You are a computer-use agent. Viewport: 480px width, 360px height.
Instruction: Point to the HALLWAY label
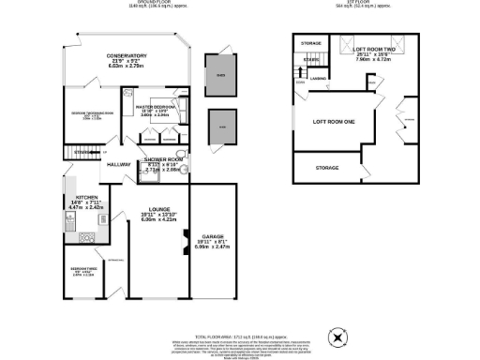tap(118, 165)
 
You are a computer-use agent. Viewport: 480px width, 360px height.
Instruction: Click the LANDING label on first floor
tap(318, 79)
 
